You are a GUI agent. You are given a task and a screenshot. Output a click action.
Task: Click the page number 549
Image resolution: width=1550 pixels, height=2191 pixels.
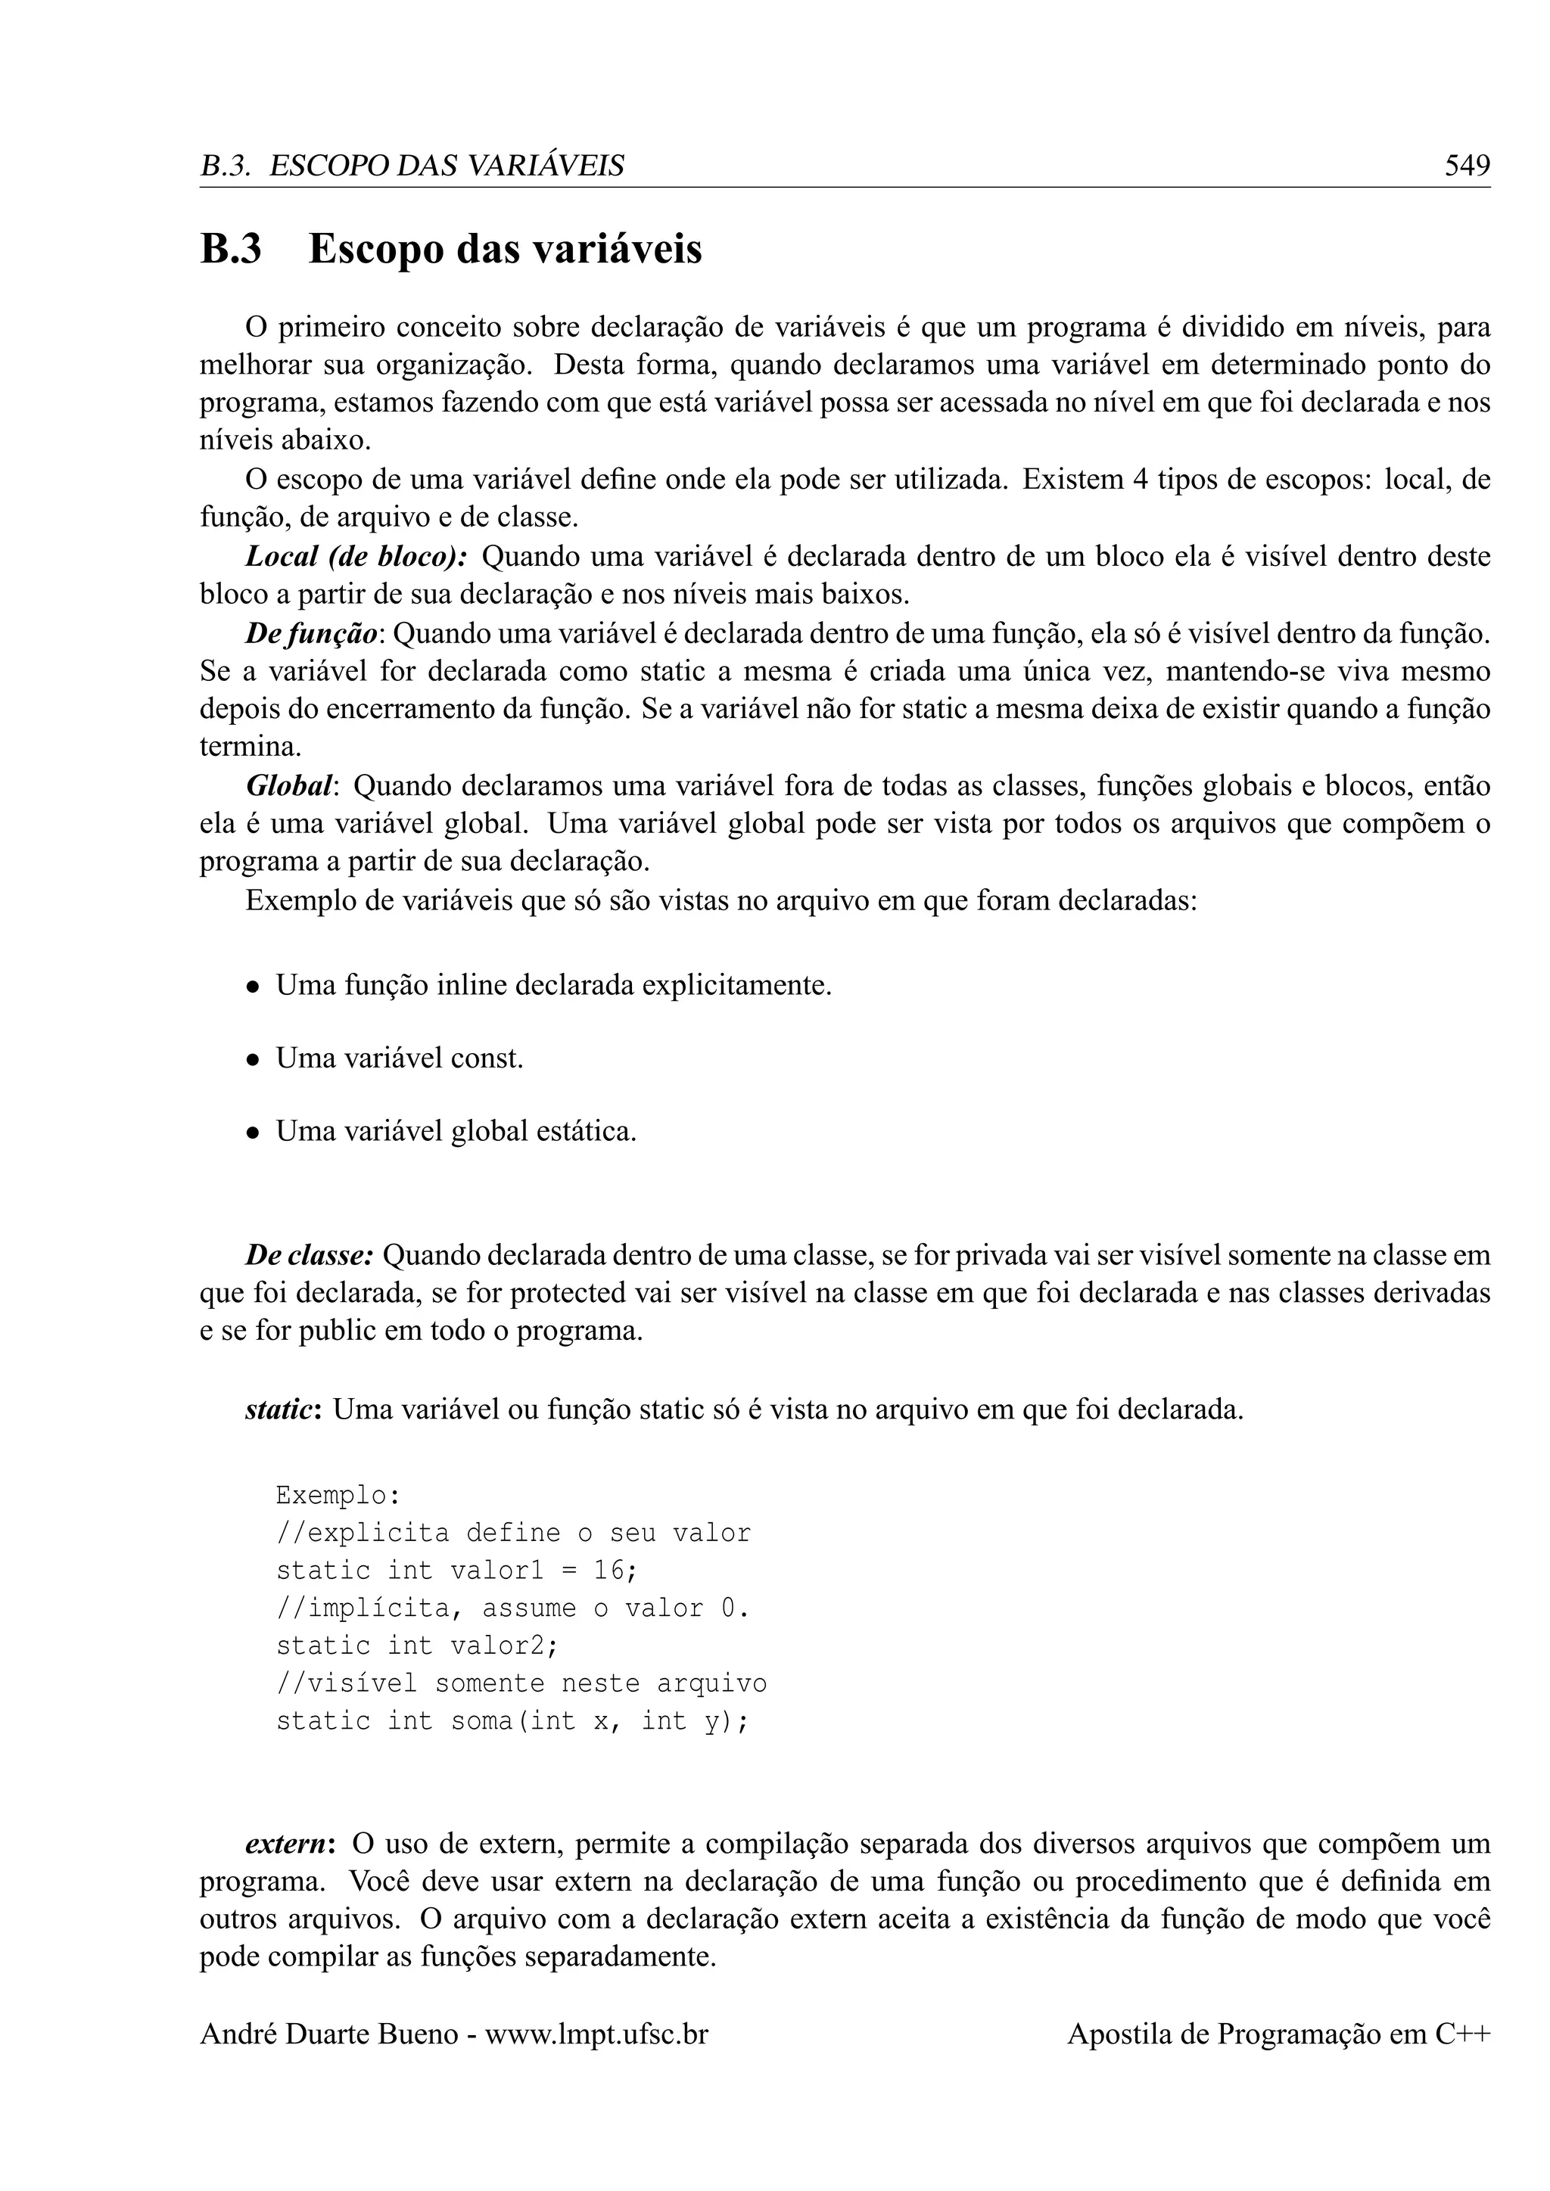pyautogui.click(x=1467, y=166)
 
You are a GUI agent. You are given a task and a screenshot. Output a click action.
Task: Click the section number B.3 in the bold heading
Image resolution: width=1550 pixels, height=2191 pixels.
pyautogui.click(x=230, y=250)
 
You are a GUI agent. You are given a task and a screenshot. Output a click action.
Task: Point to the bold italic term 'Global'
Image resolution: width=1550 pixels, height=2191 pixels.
pyautogui.click(x=290, y=786)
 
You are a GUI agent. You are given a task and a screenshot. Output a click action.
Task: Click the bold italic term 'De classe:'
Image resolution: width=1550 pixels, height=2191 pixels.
pyautogui.click(x=310, y=1256)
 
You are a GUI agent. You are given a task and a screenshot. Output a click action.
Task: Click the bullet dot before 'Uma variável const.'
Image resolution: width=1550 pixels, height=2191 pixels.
pyautogui.click(x=253, y=1059)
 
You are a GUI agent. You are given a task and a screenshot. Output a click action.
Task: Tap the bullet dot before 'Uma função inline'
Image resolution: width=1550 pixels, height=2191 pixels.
pyautogui.click(x=253, y=987)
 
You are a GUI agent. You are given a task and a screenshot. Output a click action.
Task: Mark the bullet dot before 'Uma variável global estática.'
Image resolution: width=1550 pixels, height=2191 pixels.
pyautogui.click(x=253, y=1133)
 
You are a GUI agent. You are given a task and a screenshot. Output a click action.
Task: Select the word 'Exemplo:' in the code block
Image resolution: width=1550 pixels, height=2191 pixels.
pyautogui.click(x=338, y=1495)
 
